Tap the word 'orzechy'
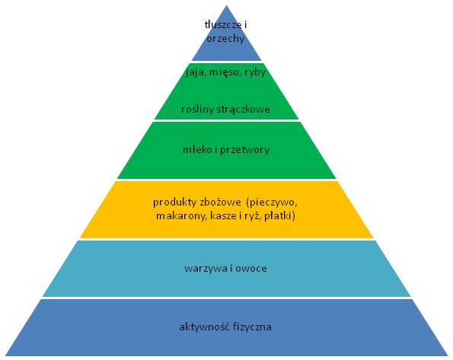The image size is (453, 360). pos(225,39)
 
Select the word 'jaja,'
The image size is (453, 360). pos(196,72)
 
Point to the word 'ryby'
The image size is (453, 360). pos(255,72)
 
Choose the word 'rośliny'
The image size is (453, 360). pos(197,109)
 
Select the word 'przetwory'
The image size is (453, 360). pos(244,150)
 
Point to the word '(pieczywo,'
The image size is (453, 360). pos(272,202)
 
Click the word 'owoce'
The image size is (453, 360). pos(251,269)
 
